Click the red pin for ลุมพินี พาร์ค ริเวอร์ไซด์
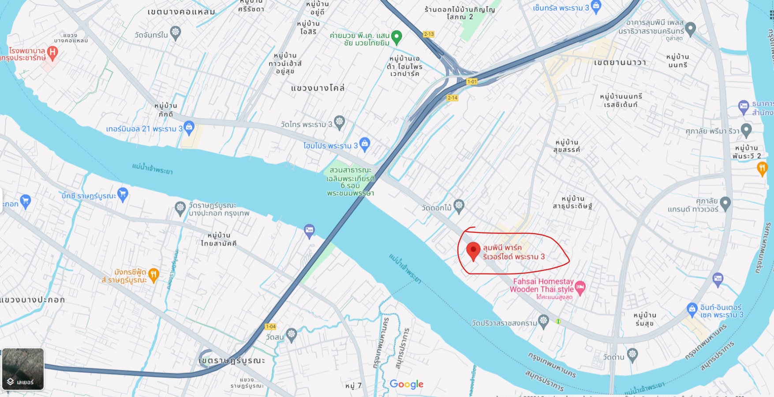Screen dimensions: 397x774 473,251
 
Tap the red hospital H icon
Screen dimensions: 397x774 52,53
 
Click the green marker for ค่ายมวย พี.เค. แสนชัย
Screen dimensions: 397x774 396,37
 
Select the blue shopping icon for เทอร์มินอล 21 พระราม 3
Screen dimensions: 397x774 189,128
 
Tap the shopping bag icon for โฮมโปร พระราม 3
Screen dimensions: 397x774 365,144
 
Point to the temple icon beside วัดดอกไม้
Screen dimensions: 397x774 459,206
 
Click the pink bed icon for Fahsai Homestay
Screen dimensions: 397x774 580,287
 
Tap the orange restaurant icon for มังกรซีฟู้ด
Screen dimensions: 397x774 153,275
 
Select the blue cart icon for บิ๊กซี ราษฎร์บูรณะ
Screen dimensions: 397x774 123,194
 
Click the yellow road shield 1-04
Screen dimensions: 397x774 270,327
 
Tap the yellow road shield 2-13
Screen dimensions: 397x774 429,34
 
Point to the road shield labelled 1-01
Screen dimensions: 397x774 472,82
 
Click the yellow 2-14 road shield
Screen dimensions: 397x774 452,98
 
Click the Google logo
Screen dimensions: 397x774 406,384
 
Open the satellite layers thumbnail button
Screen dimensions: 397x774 23,369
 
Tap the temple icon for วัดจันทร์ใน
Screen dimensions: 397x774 176,33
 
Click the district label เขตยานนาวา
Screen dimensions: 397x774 620,63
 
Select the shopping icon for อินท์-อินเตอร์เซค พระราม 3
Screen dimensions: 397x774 692,309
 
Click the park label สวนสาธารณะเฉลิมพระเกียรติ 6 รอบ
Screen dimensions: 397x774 351,181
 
